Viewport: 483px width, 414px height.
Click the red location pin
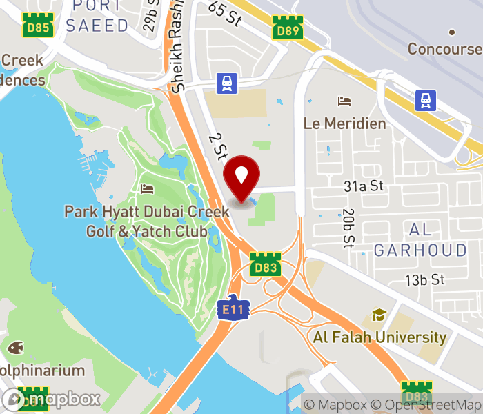click(241, 177)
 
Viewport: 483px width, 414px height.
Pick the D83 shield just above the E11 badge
click(264, 266)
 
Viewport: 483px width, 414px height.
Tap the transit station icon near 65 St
click(226, 83)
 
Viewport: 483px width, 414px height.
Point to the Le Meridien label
click(345, 124)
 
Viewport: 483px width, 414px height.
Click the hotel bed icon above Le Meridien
click(344, 102)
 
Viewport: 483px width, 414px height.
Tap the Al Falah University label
click(379, 337)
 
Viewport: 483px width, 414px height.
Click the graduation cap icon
click(379, 315)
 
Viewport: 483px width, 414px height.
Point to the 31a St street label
click(364, 186)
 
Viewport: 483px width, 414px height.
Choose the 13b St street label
click(424, 279)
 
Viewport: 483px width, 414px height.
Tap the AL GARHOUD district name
click(420, 239)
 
